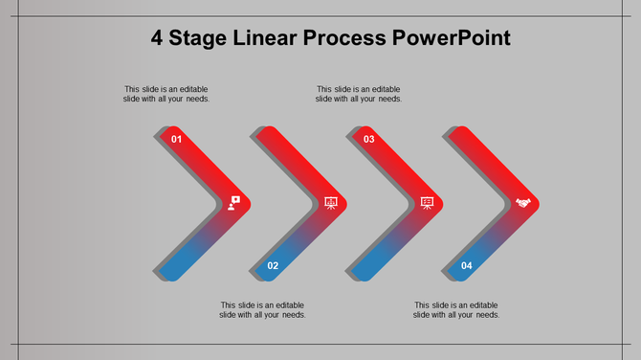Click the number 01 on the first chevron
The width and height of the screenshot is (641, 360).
point(176,140)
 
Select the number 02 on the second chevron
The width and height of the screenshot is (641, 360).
point(273,265)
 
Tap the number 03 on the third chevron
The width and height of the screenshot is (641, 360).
point(368,140)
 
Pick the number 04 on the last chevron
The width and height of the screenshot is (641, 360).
point(466,265)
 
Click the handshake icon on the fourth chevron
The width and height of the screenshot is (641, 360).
point(523,202)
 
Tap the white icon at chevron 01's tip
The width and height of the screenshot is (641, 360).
point(234,202)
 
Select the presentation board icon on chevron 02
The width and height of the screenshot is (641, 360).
point(331,202)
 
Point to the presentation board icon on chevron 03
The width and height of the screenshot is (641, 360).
point(427,202)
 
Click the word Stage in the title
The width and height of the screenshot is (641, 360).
point(197,38)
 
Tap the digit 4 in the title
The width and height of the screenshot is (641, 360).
point(157,38)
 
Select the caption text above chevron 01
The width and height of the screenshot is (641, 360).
point(166,94)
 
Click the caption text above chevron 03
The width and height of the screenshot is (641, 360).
point(359,94)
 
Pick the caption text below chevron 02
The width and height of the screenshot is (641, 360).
point(262,309)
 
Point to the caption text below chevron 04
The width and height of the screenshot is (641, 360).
point(456,309)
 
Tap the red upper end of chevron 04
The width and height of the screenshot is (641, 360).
point(465,139)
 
